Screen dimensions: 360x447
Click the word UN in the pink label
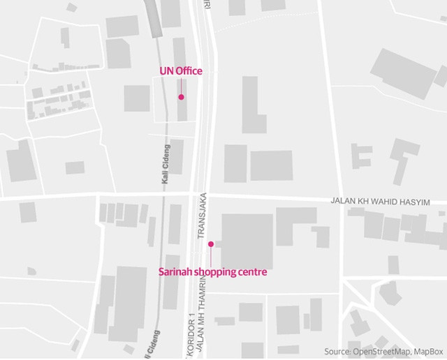(167, 71)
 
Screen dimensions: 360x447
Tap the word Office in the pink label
(189, 71)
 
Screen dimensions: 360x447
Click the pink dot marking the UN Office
(181, 97)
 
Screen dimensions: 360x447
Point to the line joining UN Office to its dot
(181, 86)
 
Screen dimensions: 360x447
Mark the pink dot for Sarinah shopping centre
(210, 244)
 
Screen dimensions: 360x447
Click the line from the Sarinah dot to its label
(210, 256)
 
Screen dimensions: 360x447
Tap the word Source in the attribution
(338, 351)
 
